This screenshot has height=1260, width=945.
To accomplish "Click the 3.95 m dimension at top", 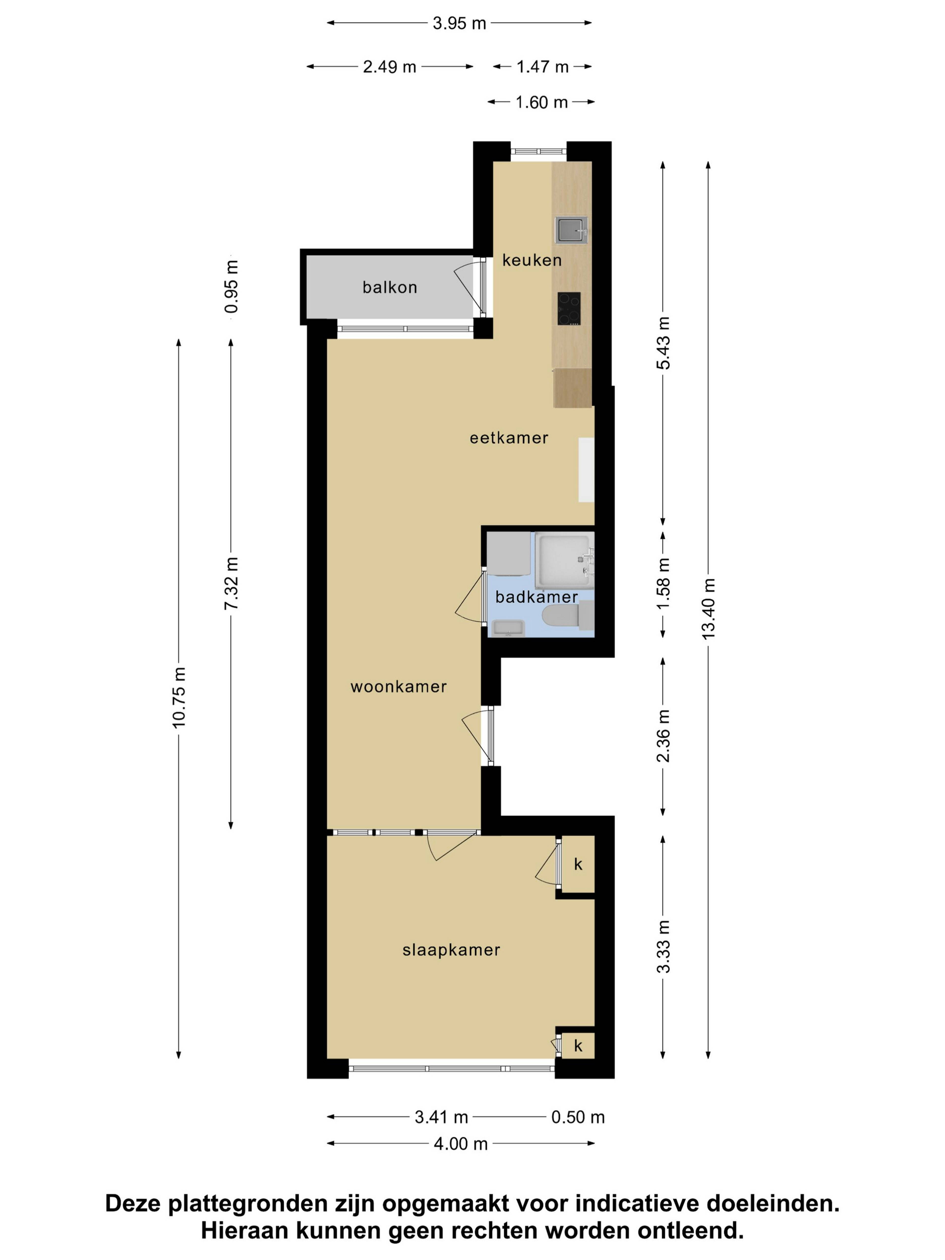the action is click(459, 23).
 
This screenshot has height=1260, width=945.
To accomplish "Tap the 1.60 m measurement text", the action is click(542, 103).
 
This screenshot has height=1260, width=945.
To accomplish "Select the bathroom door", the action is click(471, 598).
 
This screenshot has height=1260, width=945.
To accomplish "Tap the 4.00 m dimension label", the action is click(461, 1144).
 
